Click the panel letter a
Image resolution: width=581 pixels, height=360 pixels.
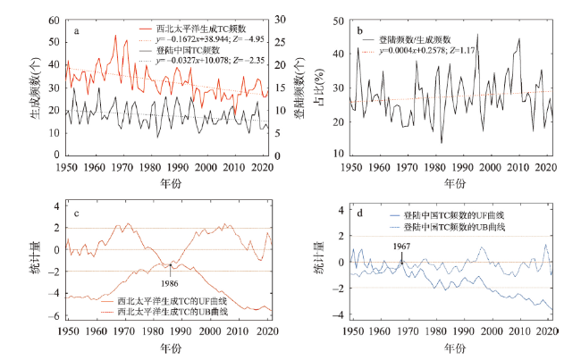pyautogui.click(x=76, y=32)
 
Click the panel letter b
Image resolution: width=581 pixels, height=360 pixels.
pyautogui.click(x=359, y=32)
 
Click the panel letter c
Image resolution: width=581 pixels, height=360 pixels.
pyautogui.click(x=77, y=213)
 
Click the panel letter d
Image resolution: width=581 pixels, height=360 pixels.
pyautogui.click(x=359, y=213)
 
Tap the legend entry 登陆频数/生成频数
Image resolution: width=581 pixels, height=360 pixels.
pyautogui.click(x=416, y=40)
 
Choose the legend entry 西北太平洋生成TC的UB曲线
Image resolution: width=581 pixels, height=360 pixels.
pyautogui.click(x=177, y=311)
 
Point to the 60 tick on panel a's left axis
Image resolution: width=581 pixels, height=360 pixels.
pyautogui.click(x=54, y=20)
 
